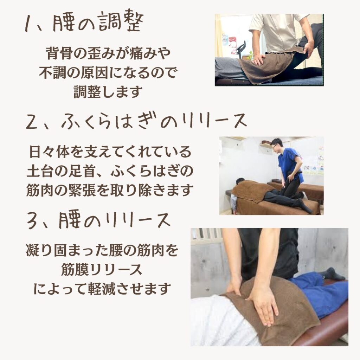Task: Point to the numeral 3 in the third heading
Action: pyautogui.click(x=32, y=221)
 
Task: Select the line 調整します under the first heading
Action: pyautogui.click(x=108, y=92)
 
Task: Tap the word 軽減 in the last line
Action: pyautogui.click(x=103, y=289)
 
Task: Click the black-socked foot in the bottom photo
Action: pyautogui.click(x=331, y=274)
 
